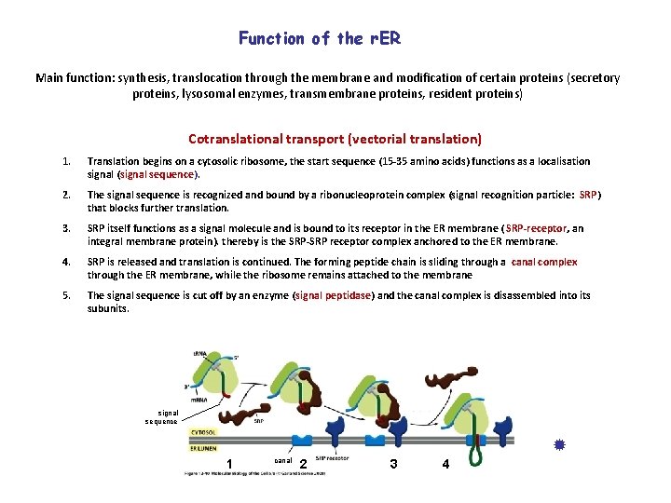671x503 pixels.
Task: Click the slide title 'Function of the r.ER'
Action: pos(320,38)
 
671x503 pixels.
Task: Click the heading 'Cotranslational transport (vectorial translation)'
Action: pos(335,139)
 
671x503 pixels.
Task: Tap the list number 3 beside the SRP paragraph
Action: pos(66,228)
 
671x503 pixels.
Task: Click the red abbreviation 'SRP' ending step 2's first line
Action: pos(588,195)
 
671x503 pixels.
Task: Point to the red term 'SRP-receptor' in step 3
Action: pos(535,228)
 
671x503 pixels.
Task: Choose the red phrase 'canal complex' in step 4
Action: pos(544,262)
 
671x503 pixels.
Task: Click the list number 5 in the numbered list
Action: pos(66,295)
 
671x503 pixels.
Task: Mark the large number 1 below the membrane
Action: pos(229,465)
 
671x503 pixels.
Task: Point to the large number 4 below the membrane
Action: pos(446,464)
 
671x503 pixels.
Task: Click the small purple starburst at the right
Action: pos(560,446)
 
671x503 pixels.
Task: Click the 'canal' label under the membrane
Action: pos(285,460)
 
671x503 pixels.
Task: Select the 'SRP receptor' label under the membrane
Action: pos(333,459)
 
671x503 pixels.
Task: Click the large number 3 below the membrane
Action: pos(394,464)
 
